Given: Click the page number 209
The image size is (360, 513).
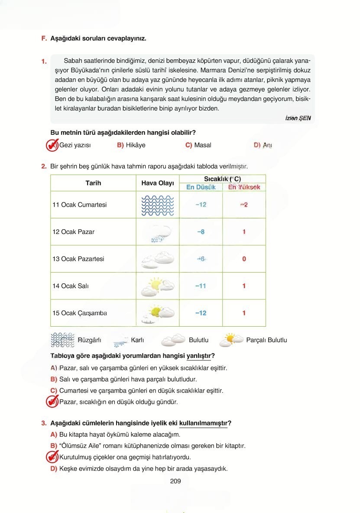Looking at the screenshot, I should pyautogui.click(x=175, y=481).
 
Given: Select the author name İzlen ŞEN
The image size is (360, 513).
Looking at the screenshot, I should pyautogui.click(x=298, y=118).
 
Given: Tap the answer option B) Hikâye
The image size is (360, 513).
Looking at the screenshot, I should pyautogui.click(x=131, y=145).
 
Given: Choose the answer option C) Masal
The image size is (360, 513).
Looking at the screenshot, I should pyautogui.click(x=198, y=145).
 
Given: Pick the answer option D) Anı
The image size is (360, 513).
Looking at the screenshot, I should pyautogui.click(x=263, y=145).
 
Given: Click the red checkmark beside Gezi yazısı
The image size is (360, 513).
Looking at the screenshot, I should pyautogui.click(x=52, y=145).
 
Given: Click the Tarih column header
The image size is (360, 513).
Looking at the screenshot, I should pyautogui.click(x=93, y=183).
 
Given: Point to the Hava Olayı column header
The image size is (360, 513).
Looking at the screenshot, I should pyautogui.click(x=158, y=183).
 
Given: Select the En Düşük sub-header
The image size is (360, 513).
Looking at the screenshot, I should pyautogui.click(x=201, y=187).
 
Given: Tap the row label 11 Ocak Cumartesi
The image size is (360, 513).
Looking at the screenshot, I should pyautogui.click(x=80, y=205).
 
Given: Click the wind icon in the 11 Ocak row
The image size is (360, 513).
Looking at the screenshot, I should pyautogui.click(x=158, y=205).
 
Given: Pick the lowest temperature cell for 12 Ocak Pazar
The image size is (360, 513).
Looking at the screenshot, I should pyautogui.click(x=201, y=232).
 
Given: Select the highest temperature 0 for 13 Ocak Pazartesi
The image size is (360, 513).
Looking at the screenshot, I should pyautogui.click(x=244, y=259).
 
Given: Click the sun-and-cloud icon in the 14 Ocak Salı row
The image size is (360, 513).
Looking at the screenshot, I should pyautogui.click(x=158, y=286).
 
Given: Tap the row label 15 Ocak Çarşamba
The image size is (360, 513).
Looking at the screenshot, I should pyautogui.click(x=80, y=313).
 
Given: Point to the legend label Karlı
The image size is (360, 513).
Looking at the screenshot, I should pyautogui.click(x=137, y=340).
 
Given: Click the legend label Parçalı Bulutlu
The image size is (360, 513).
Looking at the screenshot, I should pyautogui.click(x=266, y=340).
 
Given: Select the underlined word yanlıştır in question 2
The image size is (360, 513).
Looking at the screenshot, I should pyautogui.click(x=198, y=356).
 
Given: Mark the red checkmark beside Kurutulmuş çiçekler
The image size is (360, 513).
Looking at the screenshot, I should pyautogui.click(x=52, y=457).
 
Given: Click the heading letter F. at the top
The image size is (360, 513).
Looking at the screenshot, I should pyautogui.click(x=44, y=38).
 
